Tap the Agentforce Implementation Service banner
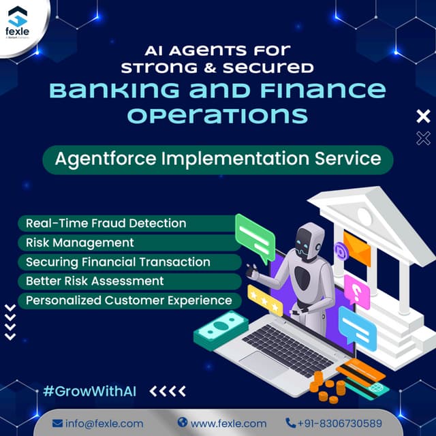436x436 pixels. [218, 160]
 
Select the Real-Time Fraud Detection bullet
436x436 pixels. [106, 223]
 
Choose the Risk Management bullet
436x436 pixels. [80, 243]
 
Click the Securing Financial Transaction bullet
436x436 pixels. [118, 262]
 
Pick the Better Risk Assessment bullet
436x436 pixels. [95, 281]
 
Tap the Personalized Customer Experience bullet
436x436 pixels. [129, 300]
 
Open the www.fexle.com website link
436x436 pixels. [221, 423]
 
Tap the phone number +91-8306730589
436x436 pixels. [334, 423]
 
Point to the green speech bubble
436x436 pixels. [254, 235]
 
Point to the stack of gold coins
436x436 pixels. [328, 392]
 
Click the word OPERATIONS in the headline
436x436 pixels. [218, 114]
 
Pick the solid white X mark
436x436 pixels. [423, 116]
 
